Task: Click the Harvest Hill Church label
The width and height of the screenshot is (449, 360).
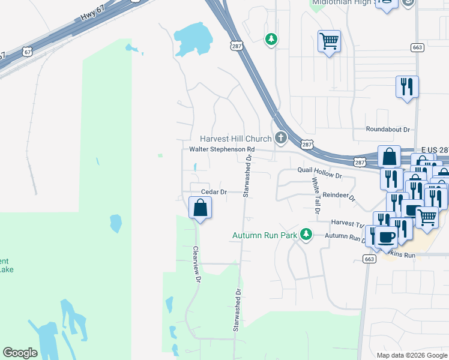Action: click(237, 139)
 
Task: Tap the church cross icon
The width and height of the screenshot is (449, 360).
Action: click(280, 139)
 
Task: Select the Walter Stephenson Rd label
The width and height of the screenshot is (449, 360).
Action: click(222, 149)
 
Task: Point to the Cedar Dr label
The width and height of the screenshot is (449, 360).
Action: click(214, 192)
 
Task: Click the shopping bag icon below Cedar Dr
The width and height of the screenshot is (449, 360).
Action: click(200, 209)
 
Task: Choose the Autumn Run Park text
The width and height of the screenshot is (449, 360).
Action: click(265, 235)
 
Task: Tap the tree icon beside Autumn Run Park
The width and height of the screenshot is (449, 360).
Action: click(306, 234)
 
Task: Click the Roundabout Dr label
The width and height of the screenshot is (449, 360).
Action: click(388, 129)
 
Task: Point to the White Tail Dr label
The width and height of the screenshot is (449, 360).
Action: click(315, 196)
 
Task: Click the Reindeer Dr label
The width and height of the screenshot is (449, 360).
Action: click(339, 196)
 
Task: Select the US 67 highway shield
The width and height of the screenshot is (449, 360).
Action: click(28, 52)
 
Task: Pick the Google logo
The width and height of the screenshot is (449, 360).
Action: click(20, 353)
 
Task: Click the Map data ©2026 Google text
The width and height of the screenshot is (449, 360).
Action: click(412, 355)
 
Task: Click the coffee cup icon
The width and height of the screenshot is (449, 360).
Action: click(388, 236)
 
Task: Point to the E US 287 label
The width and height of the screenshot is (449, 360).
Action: click(434, 149)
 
